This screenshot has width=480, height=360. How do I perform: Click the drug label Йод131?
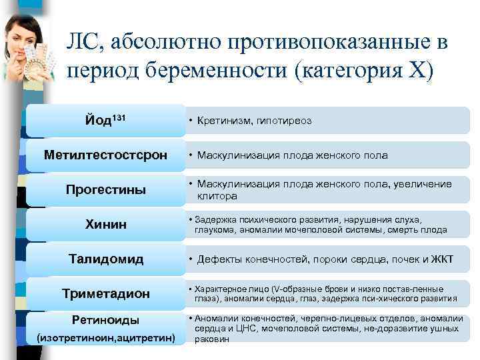[x=105, y=120]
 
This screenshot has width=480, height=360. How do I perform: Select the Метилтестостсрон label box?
[x=105, y=155]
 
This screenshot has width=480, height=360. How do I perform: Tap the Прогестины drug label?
[x=105, y=190]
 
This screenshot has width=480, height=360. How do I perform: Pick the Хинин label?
[x=105, y=225]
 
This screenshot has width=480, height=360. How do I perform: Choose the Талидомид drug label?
[x=105, y=259]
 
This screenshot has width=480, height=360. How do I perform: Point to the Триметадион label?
[x=105, y=294]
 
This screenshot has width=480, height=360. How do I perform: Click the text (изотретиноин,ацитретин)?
[x=105, y=339]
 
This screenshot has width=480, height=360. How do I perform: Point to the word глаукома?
[x=214, y=230]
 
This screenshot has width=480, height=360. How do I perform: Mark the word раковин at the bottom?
[x=211, y=339]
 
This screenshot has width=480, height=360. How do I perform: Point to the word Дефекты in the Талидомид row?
[x=219, y=259]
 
